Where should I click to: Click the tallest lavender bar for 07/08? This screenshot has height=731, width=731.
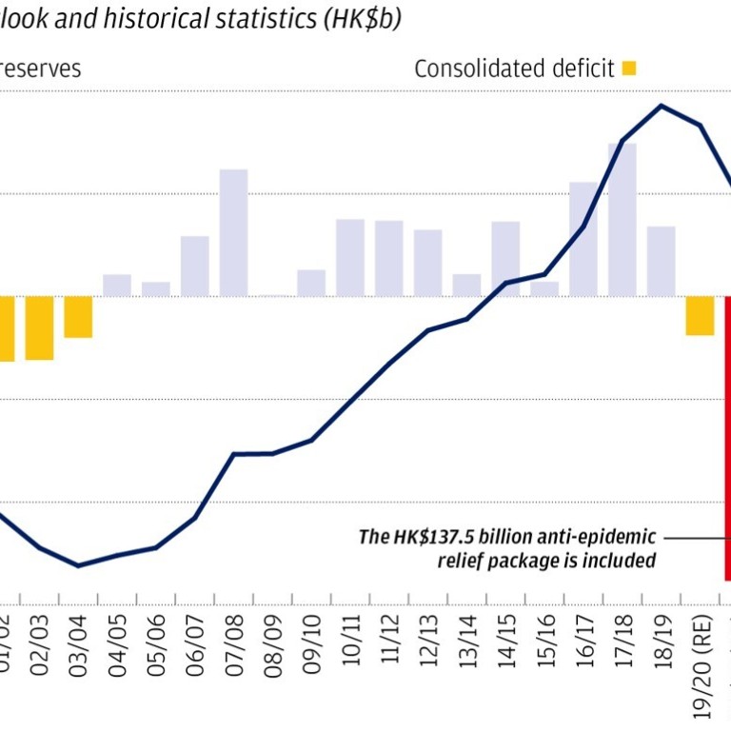pyautogui.click(x=233, y=233)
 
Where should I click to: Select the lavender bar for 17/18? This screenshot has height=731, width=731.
pyautogui.click(x=622, y=220)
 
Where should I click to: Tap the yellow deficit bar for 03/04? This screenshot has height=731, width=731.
pyautogui.click(x=78, y=317)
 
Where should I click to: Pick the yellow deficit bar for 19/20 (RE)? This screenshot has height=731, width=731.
pyautogui.click(x=700, y=316)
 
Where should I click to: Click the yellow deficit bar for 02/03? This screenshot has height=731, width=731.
pyautogui.click(x=39, y=328)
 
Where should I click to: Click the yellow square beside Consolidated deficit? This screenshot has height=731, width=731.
pyautogui.click(x=628, y=68)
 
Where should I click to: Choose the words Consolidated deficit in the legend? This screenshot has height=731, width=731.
pyautogui.click(x=514, y=69)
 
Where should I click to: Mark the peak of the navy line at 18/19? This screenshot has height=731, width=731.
pyautogui.click(x=662, y=106)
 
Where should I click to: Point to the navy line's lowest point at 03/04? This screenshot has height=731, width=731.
pyautogui.click(x=78, y=565)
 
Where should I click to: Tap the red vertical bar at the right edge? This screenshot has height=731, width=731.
pyautogui.click(x=727, y=438)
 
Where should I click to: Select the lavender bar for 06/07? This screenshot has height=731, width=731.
pyautogui.click(x=194, y=267)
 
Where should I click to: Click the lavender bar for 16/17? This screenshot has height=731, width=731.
pyautogui.click(x=583, y=239)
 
